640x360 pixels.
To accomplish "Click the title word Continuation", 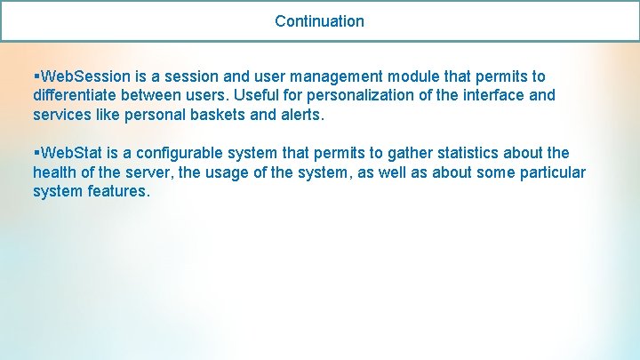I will (x=319, y=20).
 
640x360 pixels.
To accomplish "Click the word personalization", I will (x=364, y=95).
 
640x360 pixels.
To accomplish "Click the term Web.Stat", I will (x=72, y=153).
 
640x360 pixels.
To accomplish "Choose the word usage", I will (x=237, y=172).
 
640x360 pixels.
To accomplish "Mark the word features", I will (x=116, y=191).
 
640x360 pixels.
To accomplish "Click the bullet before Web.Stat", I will (x=36, y=153).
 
